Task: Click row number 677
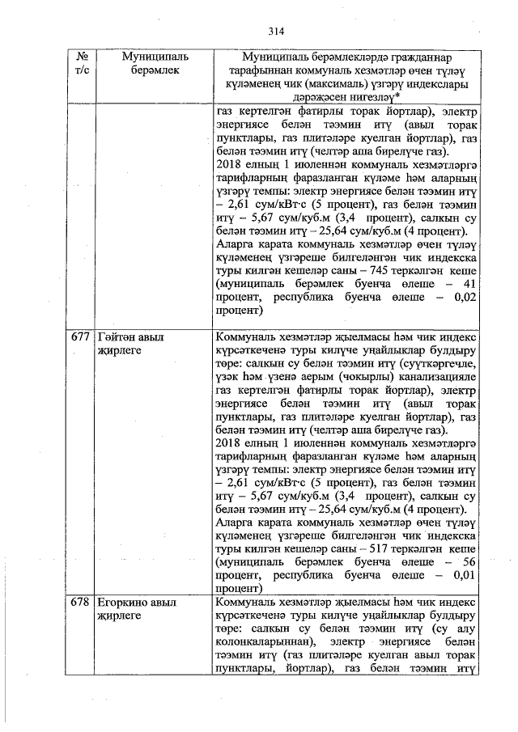click(79, 336)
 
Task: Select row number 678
click(79, 604)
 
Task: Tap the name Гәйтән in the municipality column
click(117, 336)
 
